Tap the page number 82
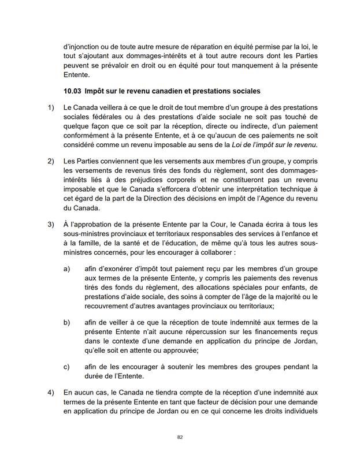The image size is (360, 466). (180, 437)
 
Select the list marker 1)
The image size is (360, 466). (50, 107)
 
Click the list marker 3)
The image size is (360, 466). (50, 223)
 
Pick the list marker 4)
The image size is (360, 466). (50, 392)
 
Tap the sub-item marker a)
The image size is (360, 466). (66, 268)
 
